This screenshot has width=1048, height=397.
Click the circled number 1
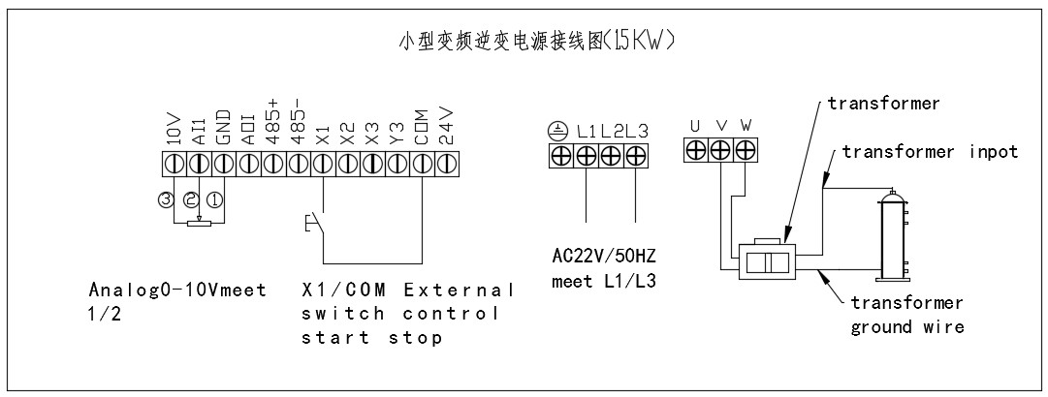214,201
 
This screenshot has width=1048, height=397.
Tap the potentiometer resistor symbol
199,226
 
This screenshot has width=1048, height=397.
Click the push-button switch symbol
307,225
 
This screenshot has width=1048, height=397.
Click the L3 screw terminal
636,155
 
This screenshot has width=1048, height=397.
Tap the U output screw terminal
695,150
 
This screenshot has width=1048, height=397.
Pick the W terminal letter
746,125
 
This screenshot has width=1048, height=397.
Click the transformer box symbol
766,262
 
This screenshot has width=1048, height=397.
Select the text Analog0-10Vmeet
177,290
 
